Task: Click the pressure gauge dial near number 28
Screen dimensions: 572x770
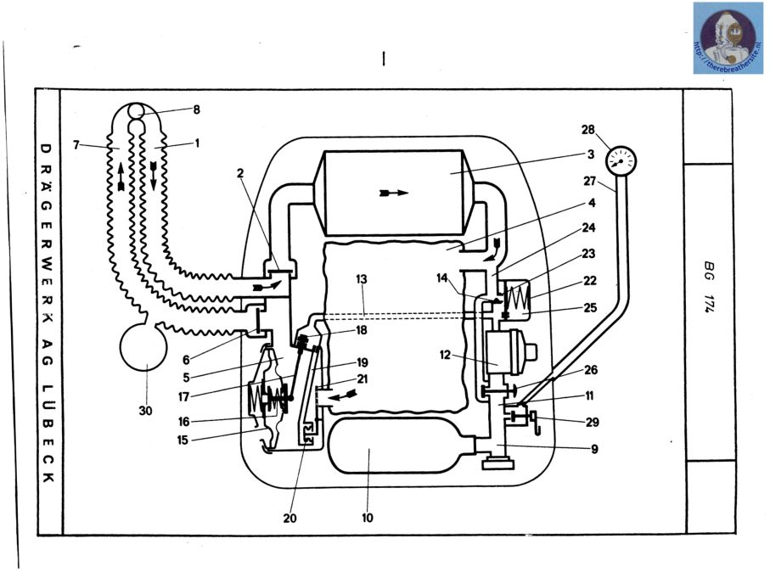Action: tap(622, 159)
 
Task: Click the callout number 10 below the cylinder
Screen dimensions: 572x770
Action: tap(368, 517)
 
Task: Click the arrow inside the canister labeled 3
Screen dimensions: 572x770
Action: tap(395, 193)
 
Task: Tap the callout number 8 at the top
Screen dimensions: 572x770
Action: tap(196, 109)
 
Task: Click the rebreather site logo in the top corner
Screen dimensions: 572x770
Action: tap(728, 37)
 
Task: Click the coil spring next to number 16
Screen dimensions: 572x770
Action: tap(256, 398)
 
